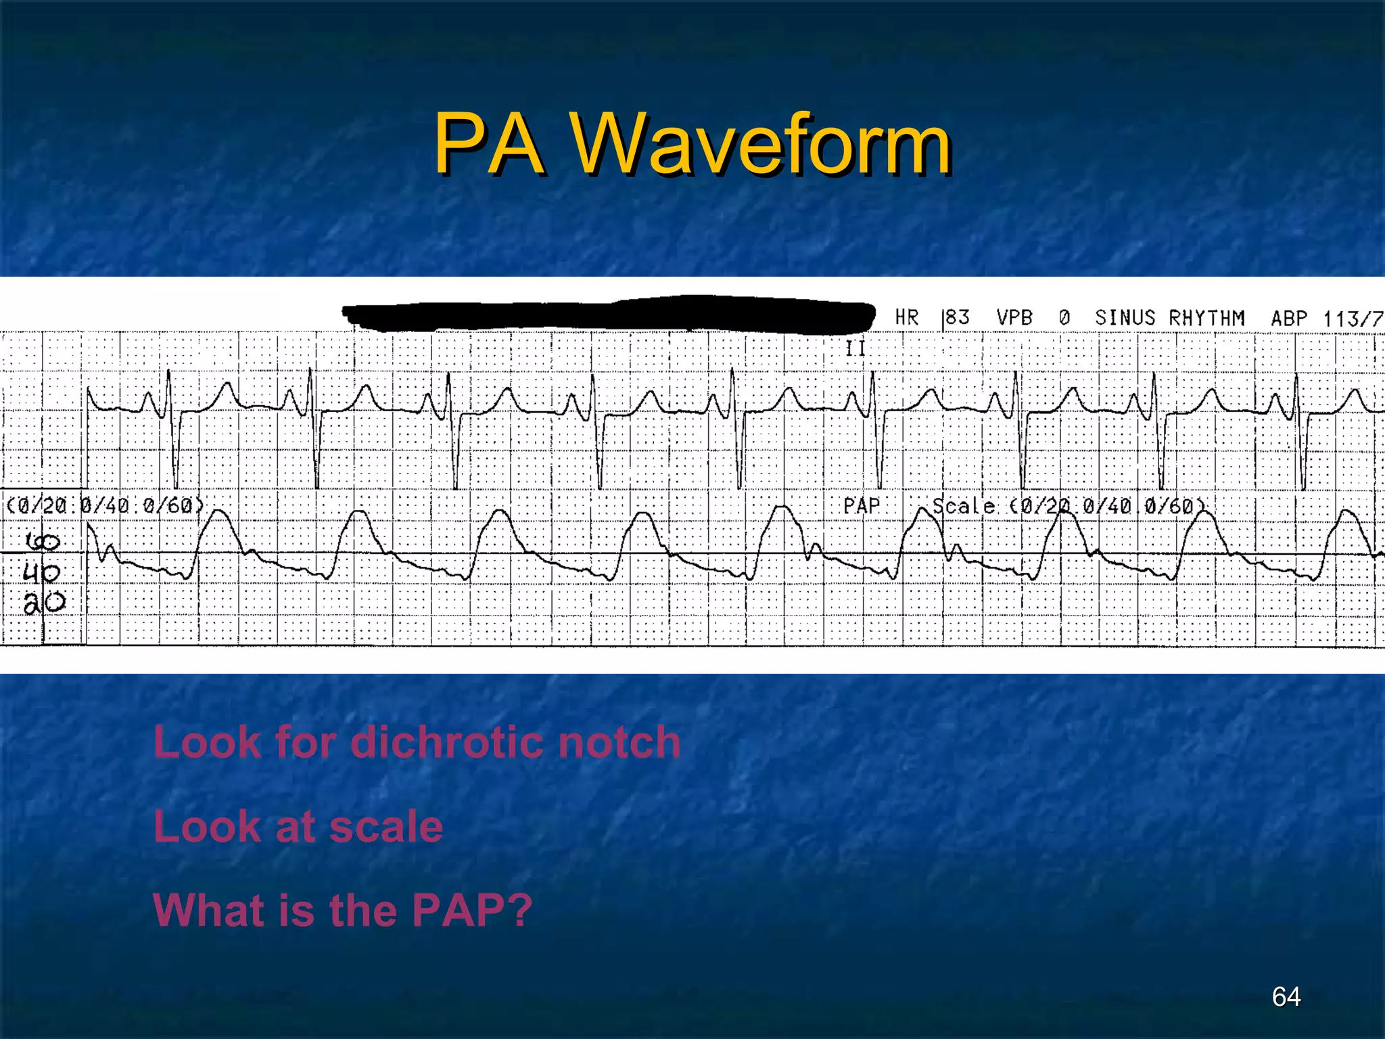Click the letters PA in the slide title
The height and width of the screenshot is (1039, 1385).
pos(489,144)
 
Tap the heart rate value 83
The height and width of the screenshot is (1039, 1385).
pos(957,317)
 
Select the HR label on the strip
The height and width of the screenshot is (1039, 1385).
pos(907,317)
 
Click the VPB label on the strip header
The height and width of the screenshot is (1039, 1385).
pos(1014,317)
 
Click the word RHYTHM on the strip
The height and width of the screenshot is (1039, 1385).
pos(1207,317)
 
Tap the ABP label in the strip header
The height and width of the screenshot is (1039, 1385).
pos(1289,318)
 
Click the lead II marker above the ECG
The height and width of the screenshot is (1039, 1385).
pos(855,348)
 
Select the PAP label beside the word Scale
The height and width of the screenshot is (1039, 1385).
pos(862,506)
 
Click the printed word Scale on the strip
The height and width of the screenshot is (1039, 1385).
pos(964,506)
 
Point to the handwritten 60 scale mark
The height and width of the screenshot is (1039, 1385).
pos(43,541)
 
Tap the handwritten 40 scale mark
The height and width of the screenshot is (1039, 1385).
pos(41,573)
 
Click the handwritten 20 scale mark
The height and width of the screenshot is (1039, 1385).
pos(45,602)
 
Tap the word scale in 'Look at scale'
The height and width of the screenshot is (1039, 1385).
pos(386,827)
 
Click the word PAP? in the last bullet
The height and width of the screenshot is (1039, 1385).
pos(472,910)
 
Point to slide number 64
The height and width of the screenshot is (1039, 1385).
pos(1286,996)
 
